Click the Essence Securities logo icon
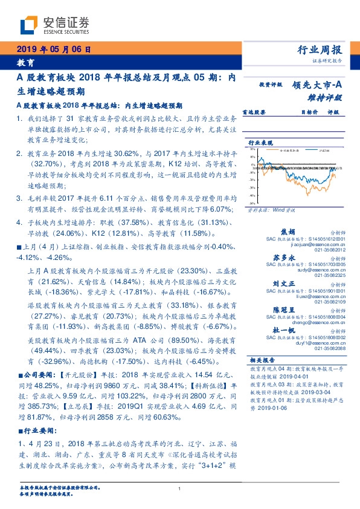tap(27, 25)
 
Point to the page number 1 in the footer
tap(180, 488)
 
